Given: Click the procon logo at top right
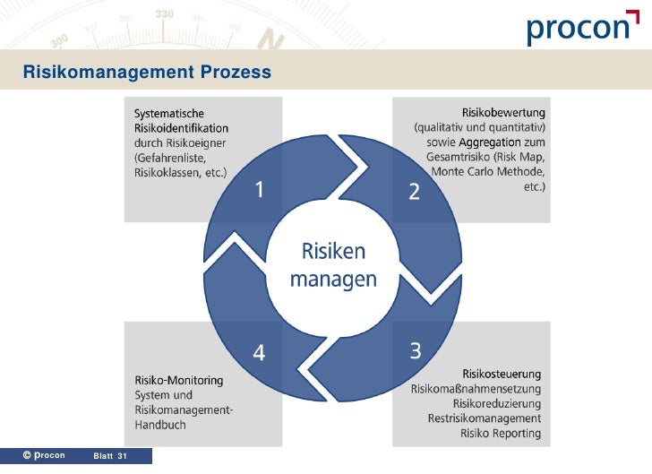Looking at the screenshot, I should click(577, 29).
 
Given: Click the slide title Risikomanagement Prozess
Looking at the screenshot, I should click(146, 71).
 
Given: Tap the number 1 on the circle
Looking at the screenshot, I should click(260, 190).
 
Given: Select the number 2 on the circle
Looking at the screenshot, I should click(414, 191).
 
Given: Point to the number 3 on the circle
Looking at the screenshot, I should click(416, 350).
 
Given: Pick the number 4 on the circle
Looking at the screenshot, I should click(259, 353).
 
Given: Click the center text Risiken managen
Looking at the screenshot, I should click(333, 264).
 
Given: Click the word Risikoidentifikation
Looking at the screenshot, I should click(181, 127).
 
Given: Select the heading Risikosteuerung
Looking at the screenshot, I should click(502, 374).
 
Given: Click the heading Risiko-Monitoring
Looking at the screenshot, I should click(179, 380).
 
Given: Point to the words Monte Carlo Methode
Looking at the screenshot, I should click(487, 172).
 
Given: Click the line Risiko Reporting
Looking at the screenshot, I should click(501, 434).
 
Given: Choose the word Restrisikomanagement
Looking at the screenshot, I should click(485, 418).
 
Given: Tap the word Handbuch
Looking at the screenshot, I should click(160, 425).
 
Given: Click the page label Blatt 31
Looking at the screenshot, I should click(110, 457).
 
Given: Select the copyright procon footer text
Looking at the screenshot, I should click(44, 456).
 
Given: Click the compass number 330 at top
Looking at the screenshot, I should click(165, 15).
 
